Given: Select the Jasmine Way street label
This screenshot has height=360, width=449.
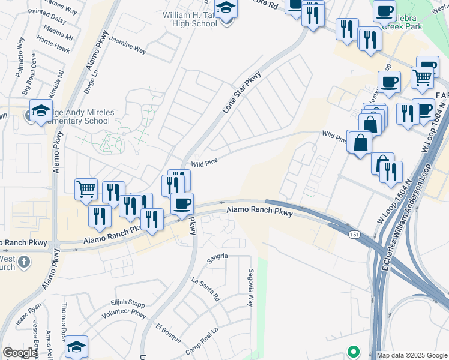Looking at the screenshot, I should point(128,48).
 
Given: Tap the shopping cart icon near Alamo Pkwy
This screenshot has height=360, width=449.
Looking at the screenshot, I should point(86,190).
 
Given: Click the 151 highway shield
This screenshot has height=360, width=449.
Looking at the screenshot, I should point(355,235).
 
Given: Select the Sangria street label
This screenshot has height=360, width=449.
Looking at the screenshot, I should point(217,256).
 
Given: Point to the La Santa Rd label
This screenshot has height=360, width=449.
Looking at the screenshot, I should point(206,289).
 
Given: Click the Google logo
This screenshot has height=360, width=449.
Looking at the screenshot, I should point(20,353).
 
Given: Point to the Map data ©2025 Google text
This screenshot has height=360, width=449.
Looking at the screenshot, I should point(411,355).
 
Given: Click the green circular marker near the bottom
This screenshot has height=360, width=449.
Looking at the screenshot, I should point(354,352).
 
